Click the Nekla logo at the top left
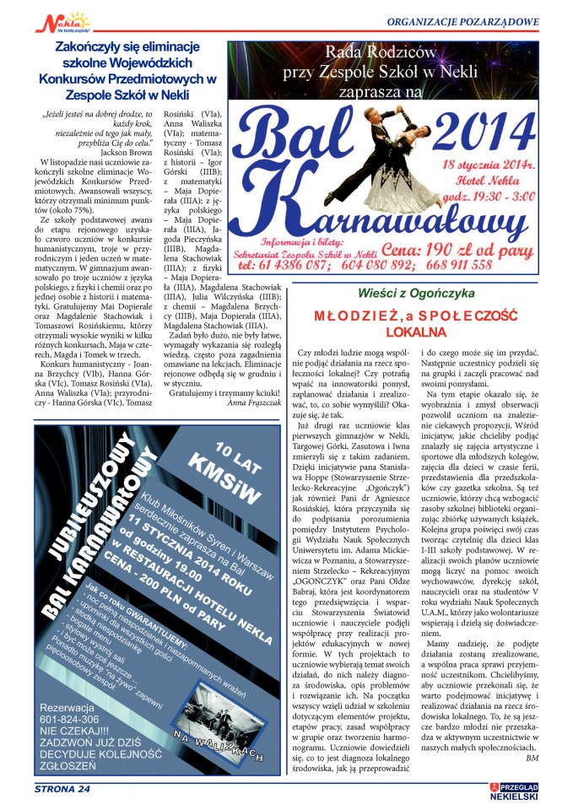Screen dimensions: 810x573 pos(62,20)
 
